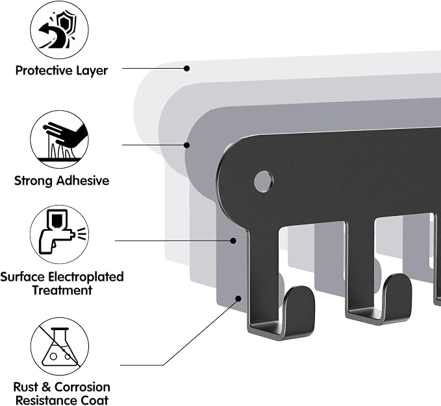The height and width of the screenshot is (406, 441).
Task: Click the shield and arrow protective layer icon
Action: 59,30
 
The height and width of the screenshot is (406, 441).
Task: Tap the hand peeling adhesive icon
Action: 59,139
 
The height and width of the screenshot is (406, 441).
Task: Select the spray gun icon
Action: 59,234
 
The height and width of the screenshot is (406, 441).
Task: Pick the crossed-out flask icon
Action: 59,346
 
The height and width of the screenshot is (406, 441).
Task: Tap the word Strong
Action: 34,181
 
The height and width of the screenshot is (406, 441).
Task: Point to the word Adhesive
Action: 82,180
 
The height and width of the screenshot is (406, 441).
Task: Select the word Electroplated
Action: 86,277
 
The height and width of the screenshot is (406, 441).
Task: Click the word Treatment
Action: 62,290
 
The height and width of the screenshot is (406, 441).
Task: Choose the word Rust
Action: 26,387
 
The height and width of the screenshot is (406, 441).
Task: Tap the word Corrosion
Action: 82,387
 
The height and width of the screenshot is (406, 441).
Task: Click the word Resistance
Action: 46,400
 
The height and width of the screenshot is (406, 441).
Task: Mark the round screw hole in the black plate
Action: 263,181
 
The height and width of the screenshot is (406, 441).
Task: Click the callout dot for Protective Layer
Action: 187,68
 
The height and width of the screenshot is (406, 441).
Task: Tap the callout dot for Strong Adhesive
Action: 187,145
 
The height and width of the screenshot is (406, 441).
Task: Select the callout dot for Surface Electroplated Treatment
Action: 233,241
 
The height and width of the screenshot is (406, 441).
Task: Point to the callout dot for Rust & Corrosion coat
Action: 238,298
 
